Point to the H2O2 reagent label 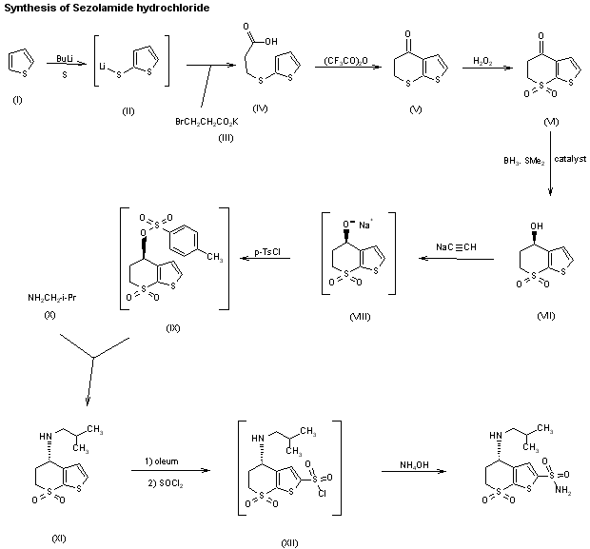(483, 61)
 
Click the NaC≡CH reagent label (457, 247)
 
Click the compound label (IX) (173, 328)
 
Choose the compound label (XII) (289, 541)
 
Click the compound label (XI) (59, 539)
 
